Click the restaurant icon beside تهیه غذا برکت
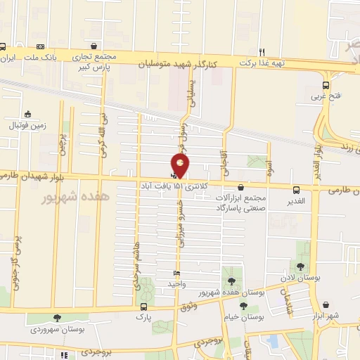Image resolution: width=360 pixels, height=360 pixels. click(262, 51)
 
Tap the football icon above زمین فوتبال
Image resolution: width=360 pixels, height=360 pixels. click(27, 114)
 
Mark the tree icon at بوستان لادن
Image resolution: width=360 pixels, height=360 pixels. click(301, 266)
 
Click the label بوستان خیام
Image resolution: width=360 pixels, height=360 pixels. click(245, 316)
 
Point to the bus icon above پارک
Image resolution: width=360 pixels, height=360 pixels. click(144, 307)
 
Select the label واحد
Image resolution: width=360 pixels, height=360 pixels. click(175, 284)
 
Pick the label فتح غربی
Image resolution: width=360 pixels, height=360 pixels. click(329, 96)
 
